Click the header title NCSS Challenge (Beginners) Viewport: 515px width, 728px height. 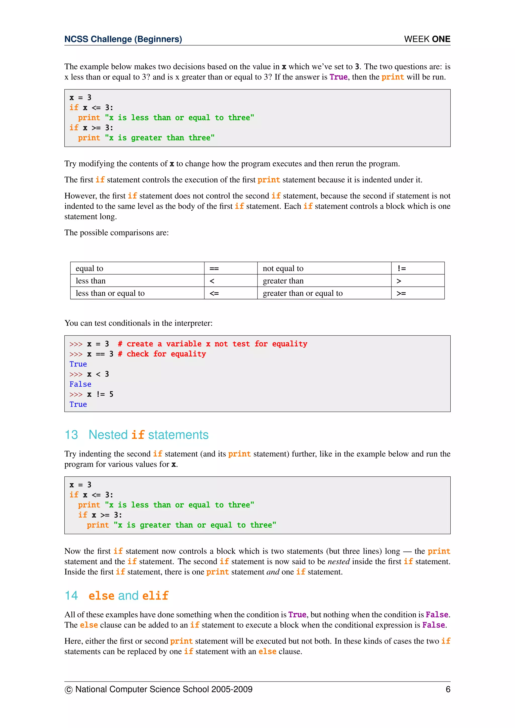[x=123, y=39]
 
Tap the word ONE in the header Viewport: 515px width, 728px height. [x=441, y=39]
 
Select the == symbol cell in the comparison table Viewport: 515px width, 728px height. [x=231, y=268]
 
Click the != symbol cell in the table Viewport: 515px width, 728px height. [x=418, y=268]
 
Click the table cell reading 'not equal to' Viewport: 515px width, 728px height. [x=324, y=268]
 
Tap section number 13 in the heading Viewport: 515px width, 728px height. [x=71, y=435]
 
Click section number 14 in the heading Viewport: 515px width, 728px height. [x=71, y=596]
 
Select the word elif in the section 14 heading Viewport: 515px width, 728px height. [x=155, y=596]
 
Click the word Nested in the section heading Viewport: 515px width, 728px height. [x=108, y=435]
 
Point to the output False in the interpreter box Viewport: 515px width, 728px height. [x=80, y=384]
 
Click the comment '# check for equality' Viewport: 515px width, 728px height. [x=162, y=354]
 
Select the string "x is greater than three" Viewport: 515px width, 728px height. [x=159, y=138]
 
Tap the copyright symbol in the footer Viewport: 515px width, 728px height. [x=68, y=690]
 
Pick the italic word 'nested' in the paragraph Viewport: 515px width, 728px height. [x=338, y=562]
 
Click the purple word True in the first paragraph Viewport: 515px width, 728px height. [x=338, y=77]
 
